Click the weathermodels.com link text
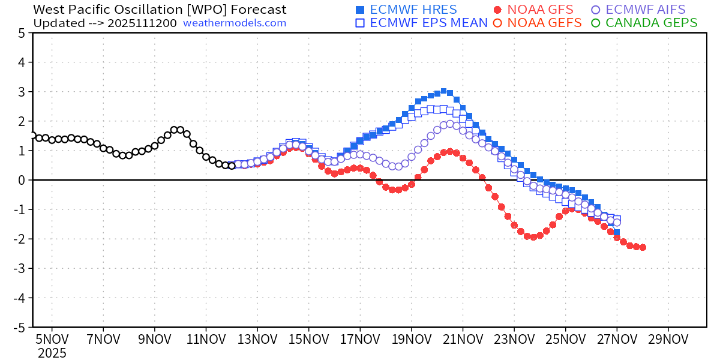[235, 23]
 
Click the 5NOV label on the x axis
[52, 339]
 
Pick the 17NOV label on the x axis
[360, 339]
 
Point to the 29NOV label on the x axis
[668, 339]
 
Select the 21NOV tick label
[463, 339]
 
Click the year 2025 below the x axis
[52, 353]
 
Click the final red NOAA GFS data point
[643, 247]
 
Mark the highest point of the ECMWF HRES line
[443, 91]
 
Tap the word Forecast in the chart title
[257, 10]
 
